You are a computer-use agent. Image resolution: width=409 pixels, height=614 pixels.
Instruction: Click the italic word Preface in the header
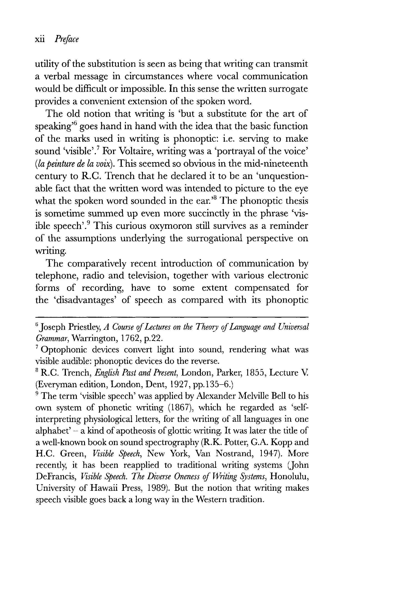pyautogui.click(x=67, y=39)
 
